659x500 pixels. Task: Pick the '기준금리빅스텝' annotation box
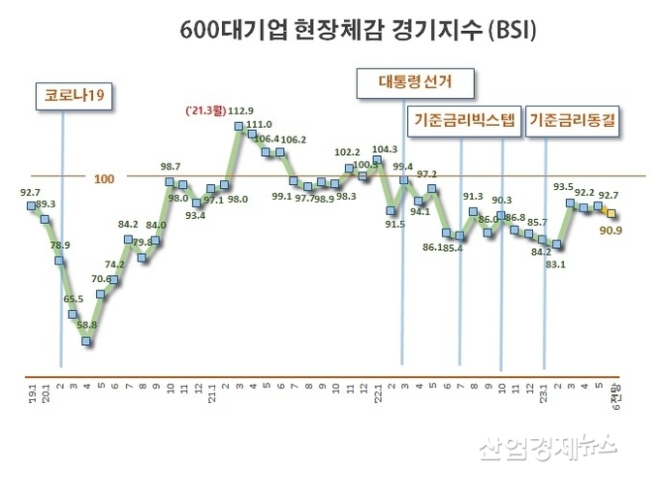point(464,121)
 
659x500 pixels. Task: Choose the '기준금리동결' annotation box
point(576,121)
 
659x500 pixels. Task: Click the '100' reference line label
point(105,178)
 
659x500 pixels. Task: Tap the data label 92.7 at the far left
point(32,193)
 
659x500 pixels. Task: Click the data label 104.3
point(384,149)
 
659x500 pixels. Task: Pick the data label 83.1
point(555,263)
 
